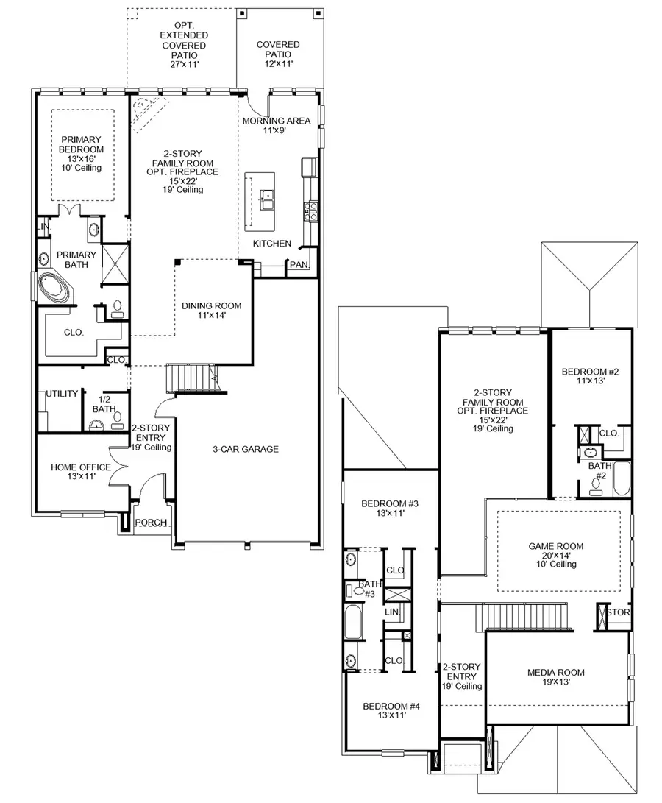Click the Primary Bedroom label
click(81, 153)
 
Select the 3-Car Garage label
click(246, 449)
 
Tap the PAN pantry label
click(299, 265)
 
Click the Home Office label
click(81, 473)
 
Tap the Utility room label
click(62, 394)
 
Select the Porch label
click(153, 523)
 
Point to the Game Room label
click(556, 555)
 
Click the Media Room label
click(556, 677)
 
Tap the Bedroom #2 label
click(590, 377)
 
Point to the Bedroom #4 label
click(384, 710)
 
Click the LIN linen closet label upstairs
click(393, 612)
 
